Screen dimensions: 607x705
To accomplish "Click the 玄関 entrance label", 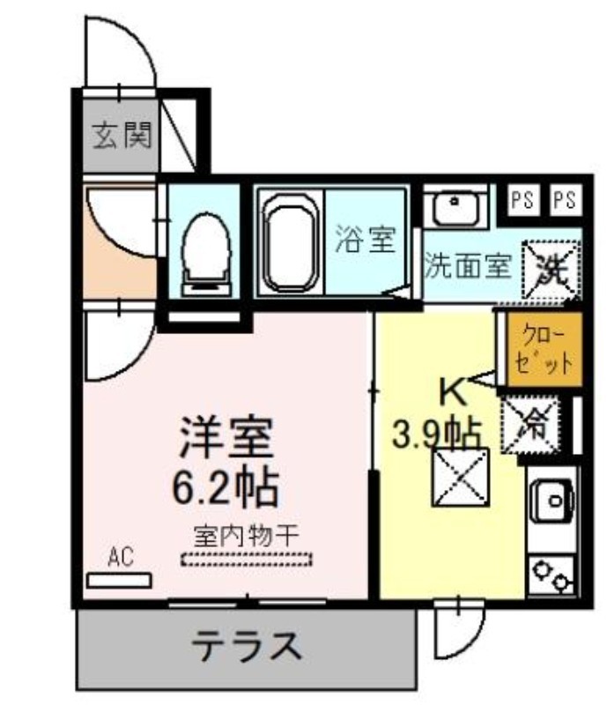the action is tap(122, 136).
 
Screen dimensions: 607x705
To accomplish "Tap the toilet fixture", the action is tap(206, 254).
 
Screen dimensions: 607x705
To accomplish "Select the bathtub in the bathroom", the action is tap(291, 243).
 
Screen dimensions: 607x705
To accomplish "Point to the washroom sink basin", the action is tap(455, 206).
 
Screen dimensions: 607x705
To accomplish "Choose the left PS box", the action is tap(522, 199).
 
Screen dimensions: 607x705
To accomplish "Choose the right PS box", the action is tap(565, 199).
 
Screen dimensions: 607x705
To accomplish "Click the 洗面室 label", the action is tap(469, 266).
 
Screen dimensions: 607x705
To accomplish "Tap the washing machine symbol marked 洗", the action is tap(551, 270).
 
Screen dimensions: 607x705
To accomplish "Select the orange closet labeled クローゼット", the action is tap(544, 349).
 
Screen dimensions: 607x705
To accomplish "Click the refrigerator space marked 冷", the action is tap(531, 425).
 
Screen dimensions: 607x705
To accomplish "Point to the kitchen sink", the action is tap(552, 500).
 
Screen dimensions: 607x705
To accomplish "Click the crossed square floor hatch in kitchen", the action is tap(461, 477).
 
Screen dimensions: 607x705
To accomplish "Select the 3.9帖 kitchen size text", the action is tap(437, 434).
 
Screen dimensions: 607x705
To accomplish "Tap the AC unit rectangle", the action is tap(119, 581).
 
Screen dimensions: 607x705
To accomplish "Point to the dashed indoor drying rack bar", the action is tap(247, 560).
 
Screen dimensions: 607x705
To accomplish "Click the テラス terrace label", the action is tap(247, 646).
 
